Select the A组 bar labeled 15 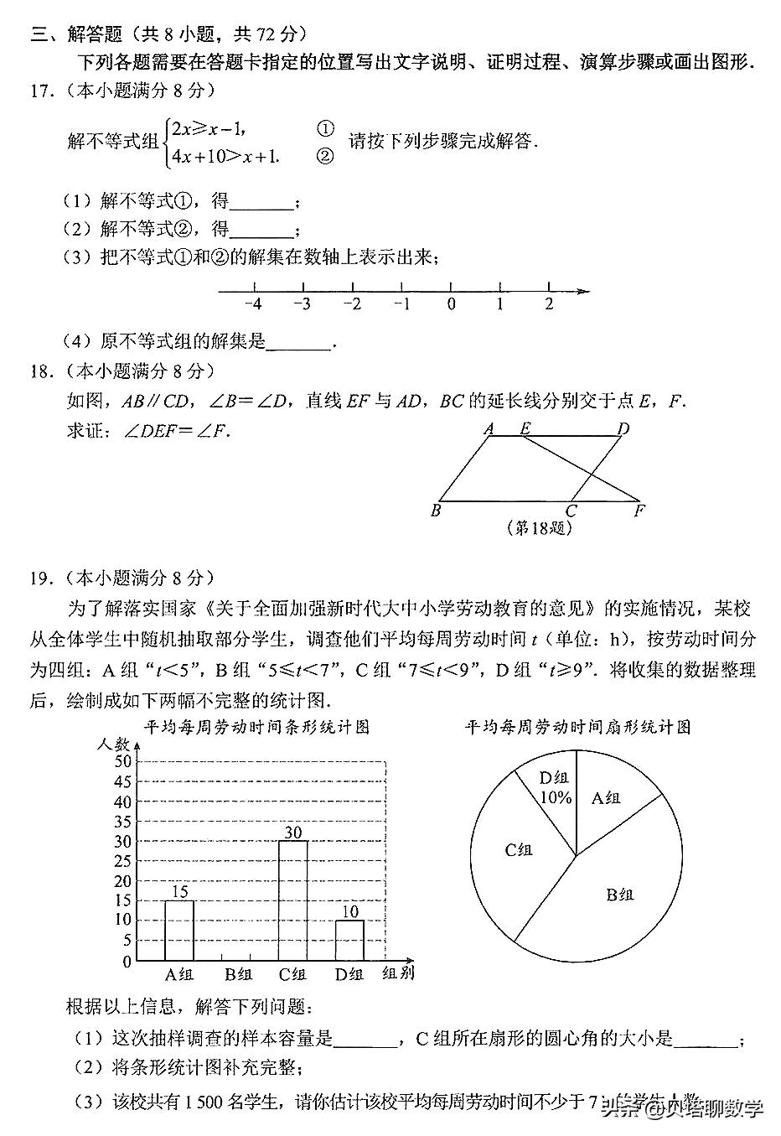point(179,931)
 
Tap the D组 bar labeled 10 point(349,940)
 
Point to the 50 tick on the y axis point(122,761)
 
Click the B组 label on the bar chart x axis point(238,974)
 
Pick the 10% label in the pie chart point(556,797)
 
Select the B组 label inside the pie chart point(619,895)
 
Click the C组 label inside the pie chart point(518,849)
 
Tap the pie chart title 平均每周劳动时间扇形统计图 point(578,727)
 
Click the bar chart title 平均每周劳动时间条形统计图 point(257,727)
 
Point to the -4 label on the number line point(253,304)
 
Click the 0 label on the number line point(452,304)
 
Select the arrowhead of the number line point(583,291)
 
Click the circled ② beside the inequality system point(325,156)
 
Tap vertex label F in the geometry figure point(639,511)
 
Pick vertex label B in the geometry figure point(435,511)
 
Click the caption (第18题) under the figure point(540,529)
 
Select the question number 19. point(40,578)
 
